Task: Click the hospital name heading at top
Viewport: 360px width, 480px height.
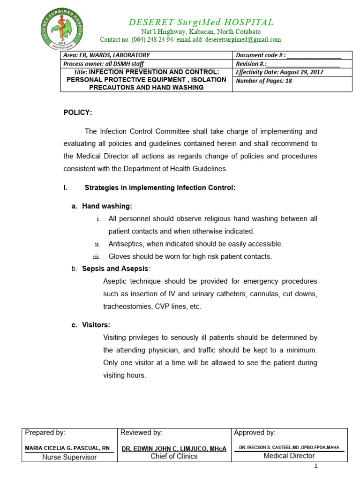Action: pos(201,22)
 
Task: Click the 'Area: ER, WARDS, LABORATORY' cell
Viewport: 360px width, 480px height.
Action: pos(106,55)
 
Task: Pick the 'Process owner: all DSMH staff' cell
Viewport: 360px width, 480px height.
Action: pos(104,64)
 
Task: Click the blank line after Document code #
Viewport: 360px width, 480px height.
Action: pos(314,56)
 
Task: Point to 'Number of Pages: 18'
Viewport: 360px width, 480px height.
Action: pos(264,81)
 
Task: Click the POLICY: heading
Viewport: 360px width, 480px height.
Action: pos(78,112)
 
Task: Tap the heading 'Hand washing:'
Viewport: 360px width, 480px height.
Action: pos(107,206)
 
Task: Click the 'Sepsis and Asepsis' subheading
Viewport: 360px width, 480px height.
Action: pos(115,269)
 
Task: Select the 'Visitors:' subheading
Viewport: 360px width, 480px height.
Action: pos(96,325)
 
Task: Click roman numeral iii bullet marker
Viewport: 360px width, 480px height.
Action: pos(97,256)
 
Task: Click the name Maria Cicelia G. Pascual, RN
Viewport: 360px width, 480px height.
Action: pos(67,448)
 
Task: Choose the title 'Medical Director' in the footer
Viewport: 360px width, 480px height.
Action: pos(289,456)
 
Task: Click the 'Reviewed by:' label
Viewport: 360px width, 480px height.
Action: pos(142,433)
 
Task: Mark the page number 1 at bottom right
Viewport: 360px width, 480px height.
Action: pos(316,466)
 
